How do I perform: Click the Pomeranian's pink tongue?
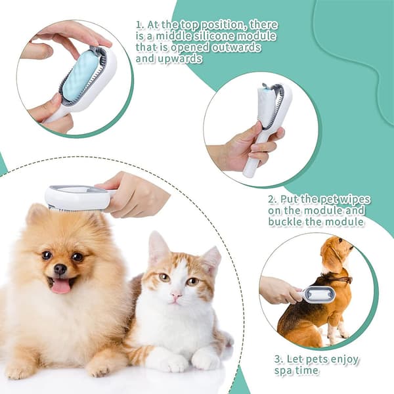point(61,287)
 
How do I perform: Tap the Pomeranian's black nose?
point(60,269)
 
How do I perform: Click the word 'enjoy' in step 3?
point(345,360)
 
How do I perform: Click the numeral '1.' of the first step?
point(141,25)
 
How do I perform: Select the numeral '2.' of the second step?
point(273,200)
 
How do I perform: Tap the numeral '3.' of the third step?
point(278,360)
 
